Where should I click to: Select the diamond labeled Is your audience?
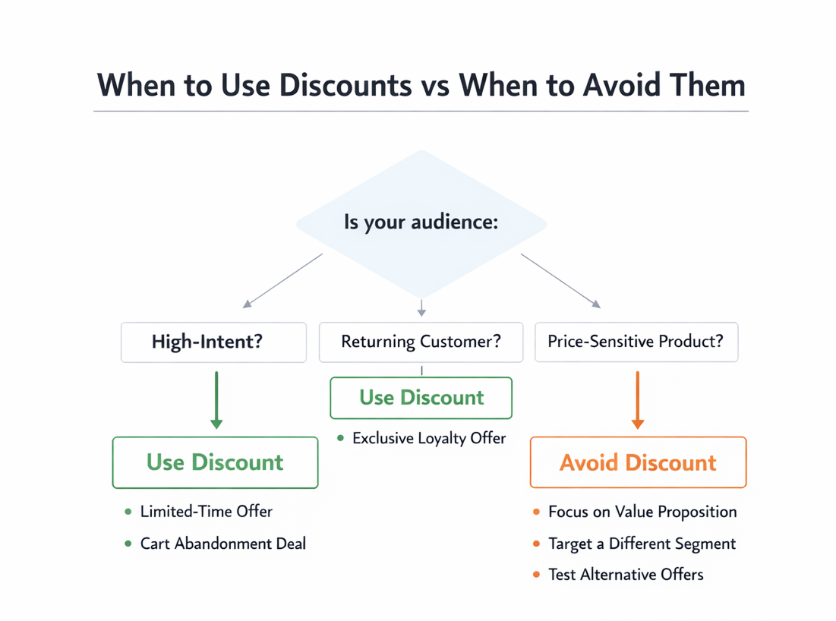click(x=421, y=223)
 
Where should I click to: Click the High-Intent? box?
click(x=213, y=342)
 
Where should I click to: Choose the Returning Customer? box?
click(x=421, y=342)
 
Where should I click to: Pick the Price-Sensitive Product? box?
click(x=636, y=342)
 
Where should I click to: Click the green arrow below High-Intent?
click(x=216, y=399)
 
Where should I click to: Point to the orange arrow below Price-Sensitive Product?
click(x=637, y=399)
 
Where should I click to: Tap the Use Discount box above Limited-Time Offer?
click(x=215, y=462)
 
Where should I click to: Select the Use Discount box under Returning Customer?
click(x=421, y=397)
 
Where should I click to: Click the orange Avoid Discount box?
click(x=638, y=462)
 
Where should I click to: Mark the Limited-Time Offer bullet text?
click(x=206, y=512)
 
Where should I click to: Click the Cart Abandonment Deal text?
click(x=223, y=544)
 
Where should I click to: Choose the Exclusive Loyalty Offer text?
click(x=429, y=438)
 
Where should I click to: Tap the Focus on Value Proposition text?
click(x=642, y=512)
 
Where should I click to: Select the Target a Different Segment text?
click(x=642, y=544)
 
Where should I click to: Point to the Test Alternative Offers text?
click(x=626, y=575)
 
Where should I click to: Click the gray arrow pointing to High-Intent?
click(x=282, y=280)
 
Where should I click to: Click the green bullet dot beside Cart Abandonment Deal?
click(x=128, y=544)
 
